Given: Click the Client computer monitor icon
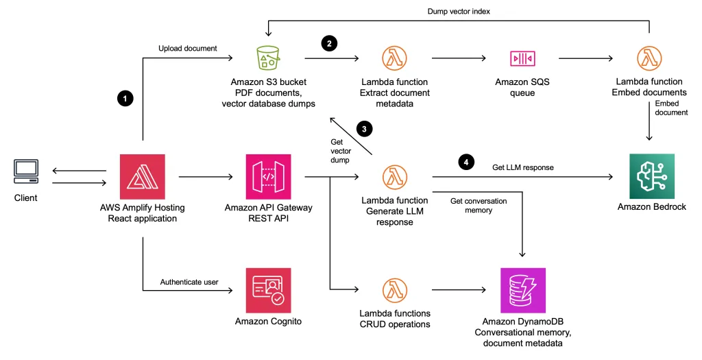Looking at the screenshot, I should click(27, 173).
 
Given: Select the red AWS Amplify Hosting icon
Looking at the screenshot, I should click(143, 177).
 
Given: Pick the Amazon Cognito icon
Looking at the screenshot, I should click(269, 290).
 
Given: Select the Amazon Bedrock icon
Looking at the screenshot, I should click(652, 177).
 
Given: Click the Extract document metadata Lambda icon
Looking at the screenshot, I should click(395, 58).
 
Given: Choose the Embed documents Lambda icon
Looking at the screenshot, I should click(649, 58).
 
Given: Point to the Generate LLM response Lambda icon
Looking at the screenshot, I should click(395, 177).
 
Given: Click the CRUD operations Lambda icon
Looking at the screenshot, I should click(395, 290).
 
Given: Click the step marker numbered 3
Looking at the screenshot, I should click(365, 128).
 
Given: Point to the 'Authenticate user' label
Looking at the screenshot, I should click(189, 281).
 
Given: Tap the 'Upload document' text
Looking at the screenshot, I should click(187, 49).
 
